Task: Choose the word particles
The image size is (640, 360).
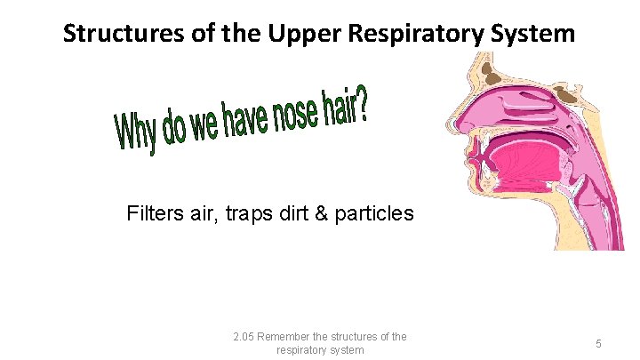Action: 377,214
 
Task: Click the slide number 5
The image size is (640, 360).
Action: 599,343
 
